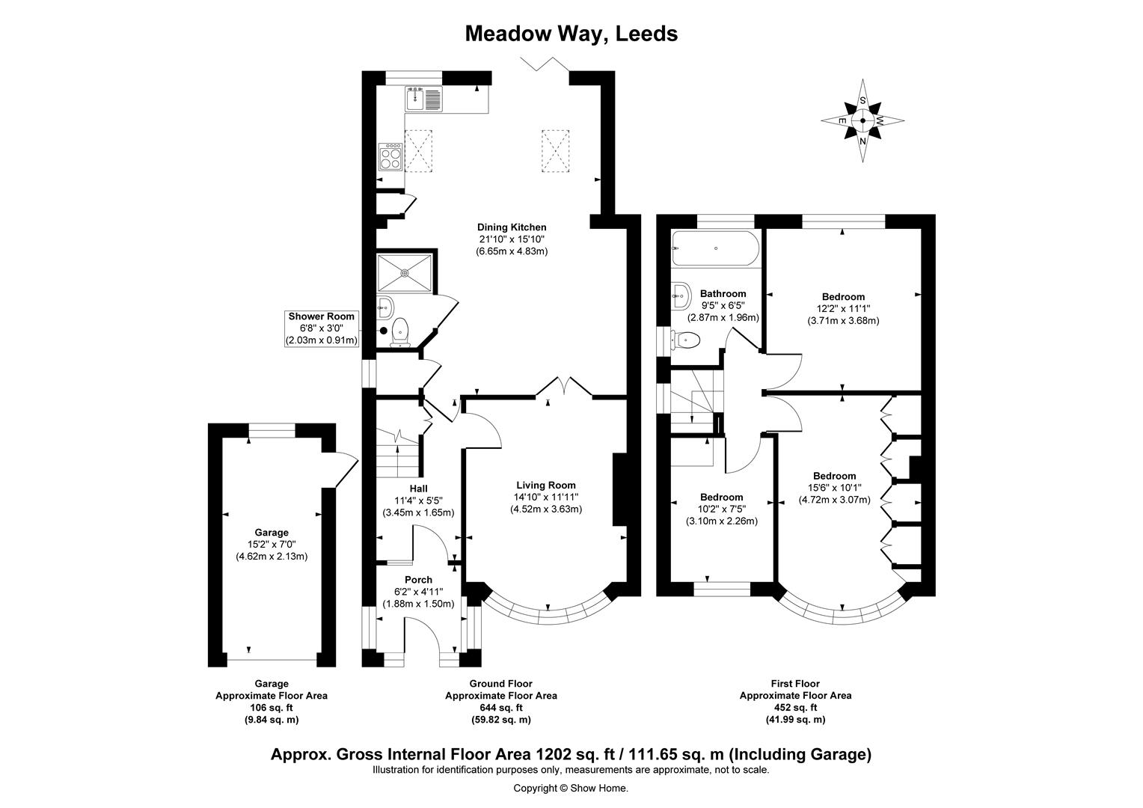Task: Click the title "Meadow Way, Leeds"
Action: [571, 34]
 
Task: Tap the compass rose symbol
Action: [862, 121]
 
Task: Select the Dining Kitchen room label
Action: [512, 227]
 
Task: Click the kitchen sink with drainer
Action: [423, 99]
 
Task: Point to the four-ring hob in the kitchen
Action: [390, 156]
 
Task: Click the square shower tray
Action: [405, 273]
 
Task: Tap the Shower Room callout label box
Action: [322, 328]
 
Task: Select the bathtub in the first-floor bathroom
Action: [716, 248]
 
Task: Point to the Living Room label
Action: [546, 486]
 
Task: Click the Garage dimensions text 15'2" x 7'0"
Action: [272, 545]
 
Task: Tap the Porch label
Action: [418, 580]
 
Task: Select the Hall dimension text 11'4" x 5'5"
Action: [418, 501]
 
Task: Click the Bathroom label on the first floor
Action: [723, 293]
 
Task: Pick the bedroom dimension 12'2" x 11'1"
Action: [843, 309]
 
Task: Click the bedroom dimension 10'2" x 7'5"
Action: [722, 509]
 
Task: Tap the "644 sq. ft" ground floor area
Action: [501, 708]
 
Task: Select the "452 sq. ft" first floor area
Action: [795, 708]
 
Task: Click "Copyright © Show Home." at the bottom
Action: [571, 788]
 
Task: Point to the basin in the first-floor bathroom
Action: [681, 296]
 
